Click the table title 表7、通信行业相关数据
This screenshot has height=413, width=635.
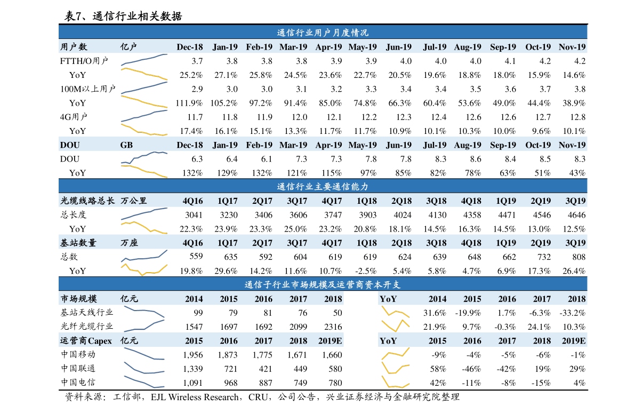pyautogui.click(x=124, y=16)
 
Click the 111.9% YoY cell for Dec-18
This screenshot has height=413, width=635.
pyautogui.click(x=189, y=103)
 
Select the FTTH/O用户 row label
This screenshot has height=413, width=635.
pyautogui.click(x=84, y=61)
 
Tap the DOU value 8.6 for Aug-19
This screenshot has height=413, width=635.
pyautogui.click(x=476, y=159)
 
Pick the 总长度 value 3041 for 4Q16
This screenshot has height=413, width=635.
pyautogui.click(x=194, y=215)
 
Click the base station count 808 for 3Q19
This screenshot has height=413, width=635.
pyautogui.click(x=578, y=257)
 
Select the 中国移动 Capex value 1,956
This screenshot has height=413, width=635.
pyautogui.click(x=193, y=355)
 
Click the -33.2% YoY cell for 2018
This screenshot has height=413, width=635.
pyautogui.click(x=573, y=313)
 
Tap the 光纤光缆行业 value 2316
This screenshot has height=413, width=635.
pyautogui.click(x=333, y=327)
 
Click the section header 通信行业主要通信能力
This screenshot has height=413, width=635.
pyautogui.click(x=323, y=186)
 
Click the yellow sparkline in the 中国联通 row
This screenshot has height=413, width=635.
pyautogui.click(x=396, y=368)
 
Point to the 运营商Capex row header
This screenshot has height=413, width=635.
pyautogui.click(x=86, y=340)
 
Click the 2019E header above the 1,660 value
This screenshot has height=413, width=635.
pyautogui.click(x=330, y=340)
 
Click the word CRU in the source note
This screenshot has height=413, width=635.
pyautogui.click(x=258, y=397)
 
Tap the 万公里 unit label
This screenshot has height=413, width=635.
pyautogui.click(x=134, y=201)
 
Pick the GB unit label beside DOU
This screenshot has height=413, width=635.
pyautogui.click(x=126, y=145)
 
